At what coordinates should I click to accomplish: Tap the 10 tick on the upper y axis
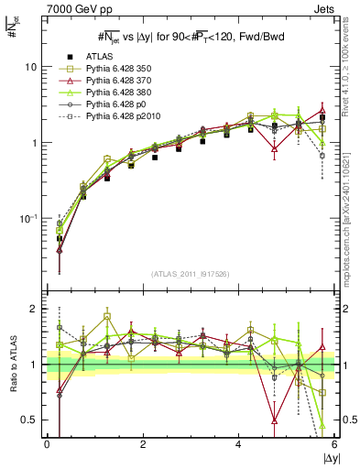click(x=32, y=68)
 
